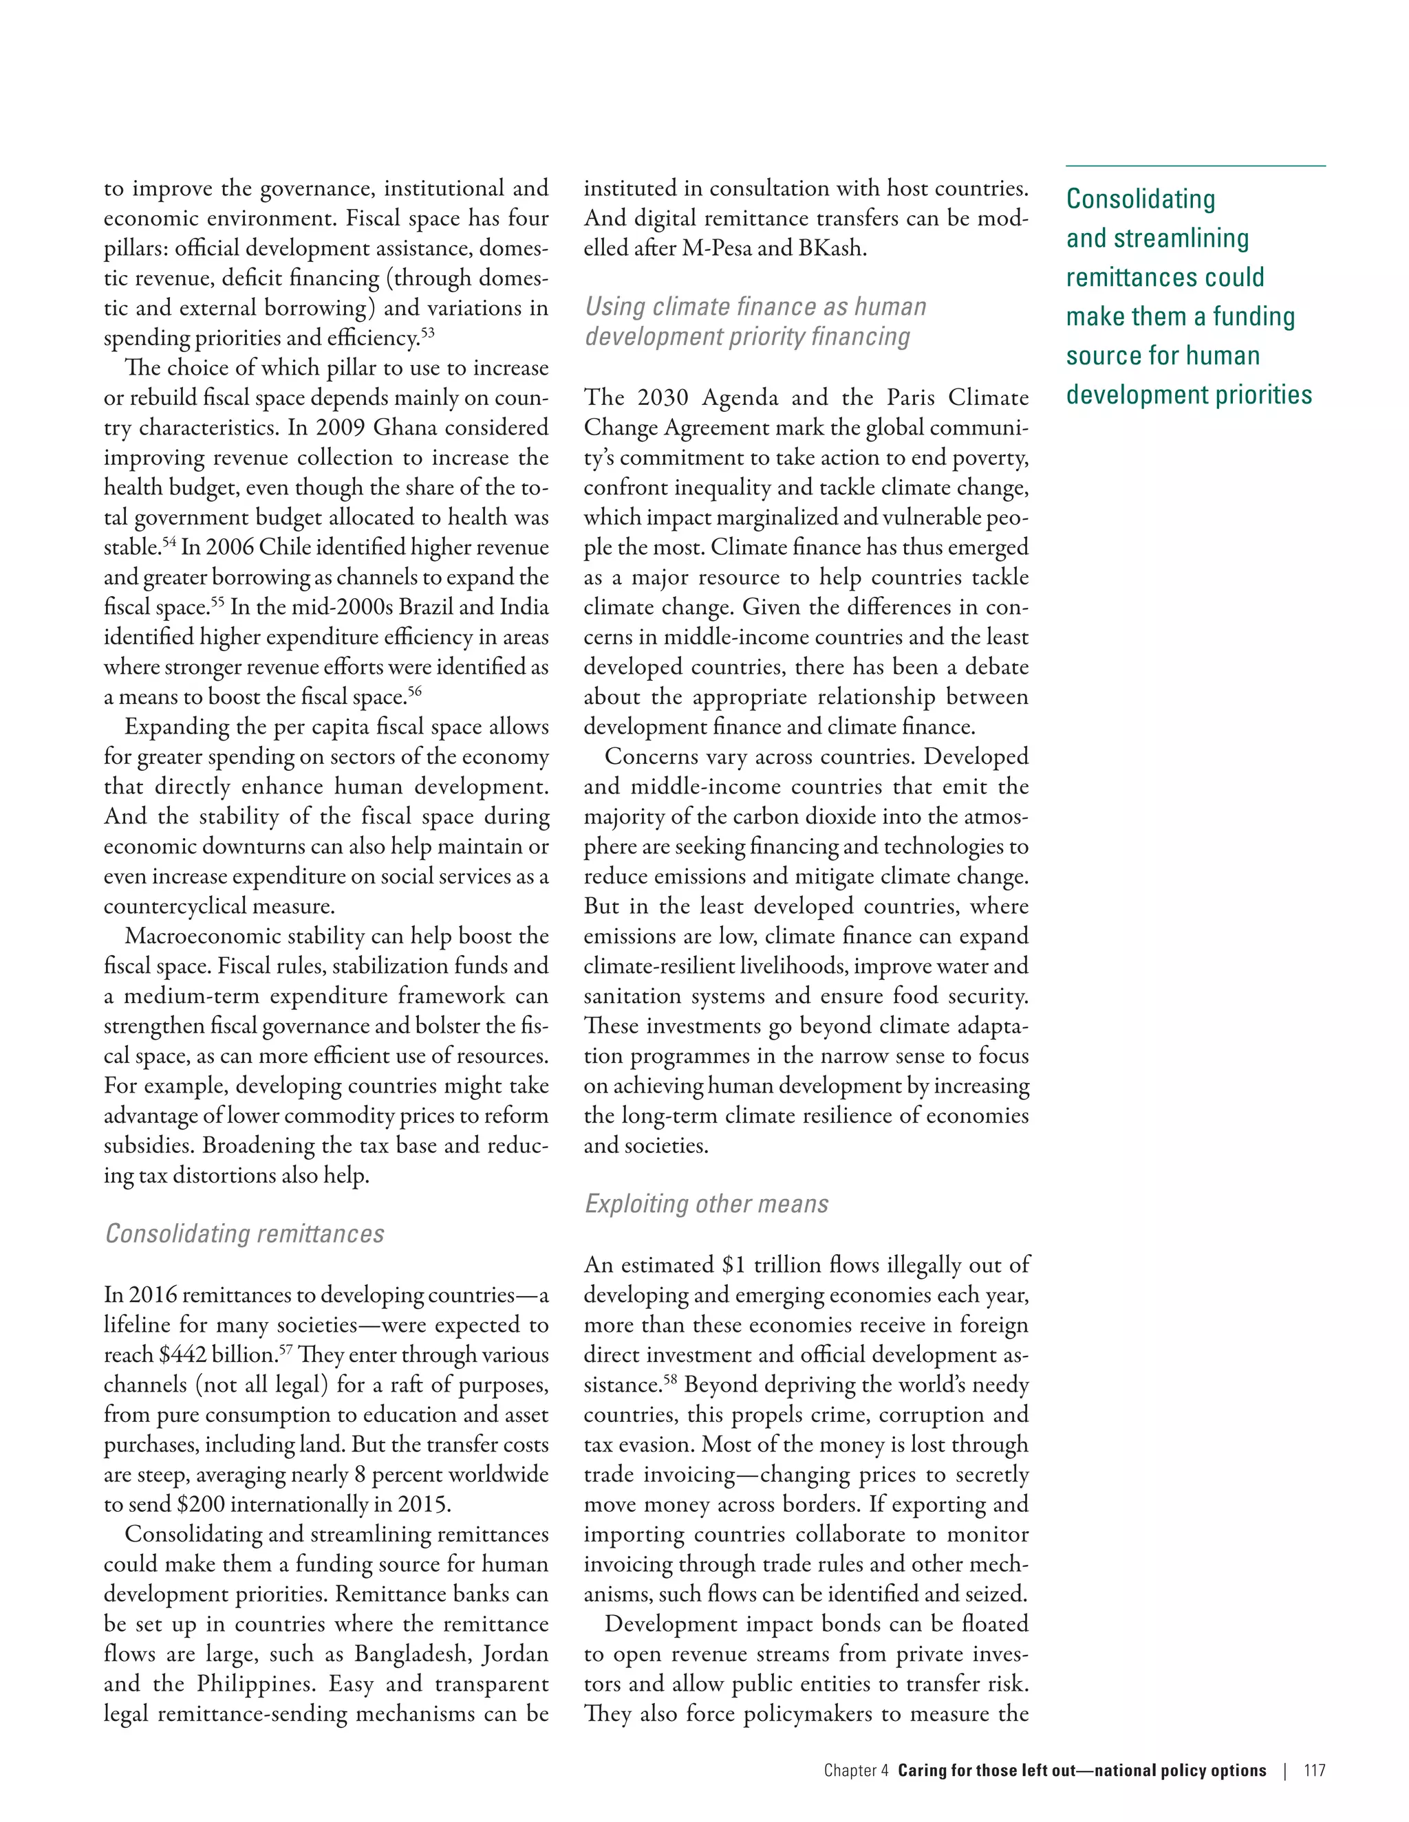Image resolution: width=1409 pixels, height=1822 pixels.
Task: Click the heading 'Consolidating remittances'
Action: tap(244, 1234)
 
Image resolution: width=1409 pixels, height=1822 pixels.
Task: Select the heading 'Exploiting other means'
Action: tap(706, 1204)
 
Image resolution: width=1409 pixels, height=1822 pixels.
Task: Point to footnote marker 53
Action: tap(427, 333)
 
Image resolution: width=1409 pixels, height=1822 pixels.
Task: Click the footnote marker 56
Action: tap(414, 692)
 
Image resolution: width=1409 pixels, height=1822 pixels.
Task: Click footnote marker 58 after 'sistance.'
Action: tap(670, 1380)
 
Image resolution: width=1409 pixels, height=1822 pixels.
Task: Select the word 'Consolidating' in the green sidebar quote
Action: tap(1140, 199)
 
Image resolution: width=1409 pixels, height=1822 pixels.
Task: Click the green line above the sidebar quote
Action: tap(1195, 166)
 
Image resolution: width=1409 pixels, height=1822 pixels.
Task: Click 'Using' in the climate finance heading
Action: tap(614, 307)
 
